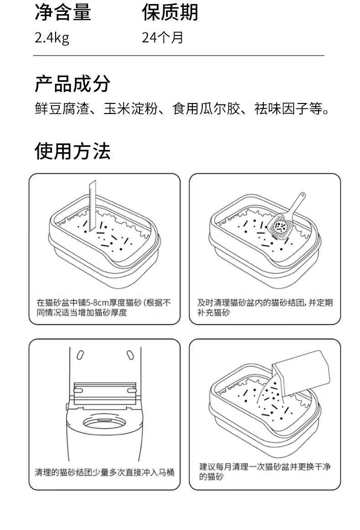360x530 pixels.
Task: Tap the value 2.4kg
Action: pos(52,38)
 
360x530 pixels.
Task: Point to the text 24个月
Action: pos(163,37)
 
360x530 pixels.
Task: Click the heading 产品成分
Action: pos(72,84)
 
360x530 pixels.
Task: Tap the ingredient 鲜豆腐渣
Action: pos(62,109)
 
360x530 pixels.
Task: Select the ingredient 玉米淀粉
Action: pos(130,109)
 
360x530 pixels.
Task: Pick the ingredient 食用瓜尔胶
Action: pos(206,109)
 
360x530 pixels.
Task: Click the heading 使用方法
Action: pos(72,151)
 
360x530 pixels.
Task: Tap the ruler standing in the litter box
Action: pos(92,206)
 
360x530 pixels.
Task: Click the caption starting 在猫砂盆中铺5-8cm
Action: pos(104,308)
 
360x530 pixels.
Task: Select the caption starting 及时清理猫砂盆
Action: pos(265,308)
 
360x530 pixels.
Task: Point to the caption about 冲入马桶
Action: pos(104,472)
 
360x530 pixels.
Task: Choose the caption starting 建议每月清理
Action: pos(265,472)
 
